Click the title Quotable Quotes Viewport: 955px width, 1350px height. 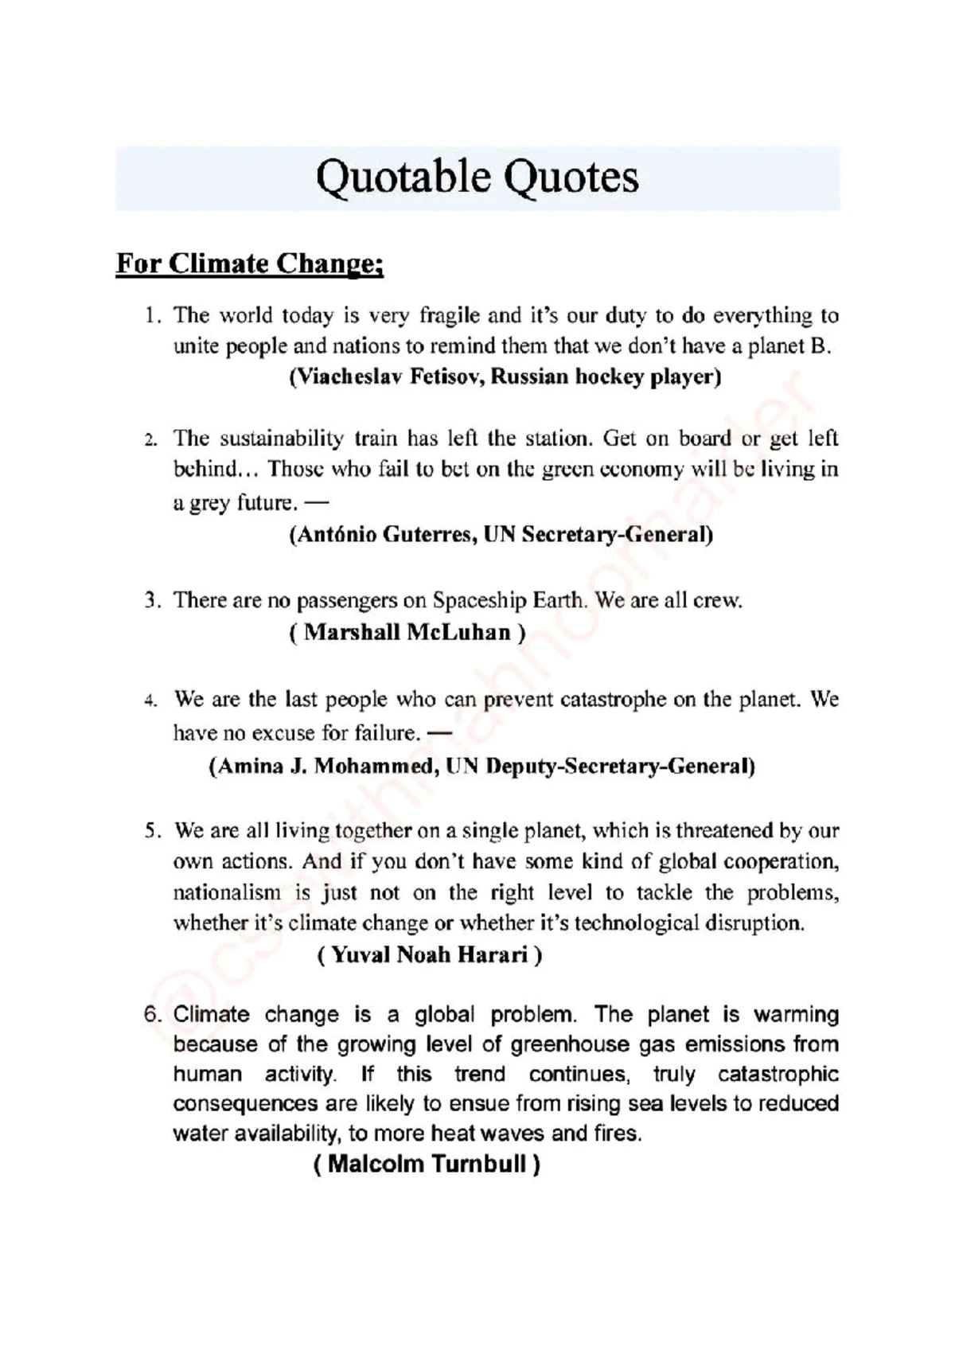pyautogui.click(x=477, y=177)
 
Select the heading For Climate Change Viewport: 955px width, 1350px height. pyautogui.click(x=250, y=263)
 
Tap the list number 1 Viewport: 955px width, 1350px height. pyautogui.click(x=150, y=316)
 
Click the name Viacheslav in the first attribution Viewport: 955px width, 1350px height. pyautogui.click(x=347, y=377)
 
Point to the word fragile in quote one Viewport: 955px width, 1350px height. pyautogui.click(x=450, y=316)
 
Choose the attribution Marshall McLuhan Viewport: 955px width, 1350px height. pyautogui.click(x=407, y=633)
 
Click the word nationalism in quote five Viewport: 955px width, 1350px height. pyautogui.click(x=227, y=892)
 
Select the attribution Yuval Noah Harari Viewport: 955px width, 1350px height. pyautogui.click(x=430, y=954)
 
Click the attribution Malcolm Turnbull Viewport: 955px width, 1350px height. pyautogui.click(x=427, y=1165)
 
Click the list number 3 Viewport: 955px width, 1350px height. pyautogui.click(x=150, y=600)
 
